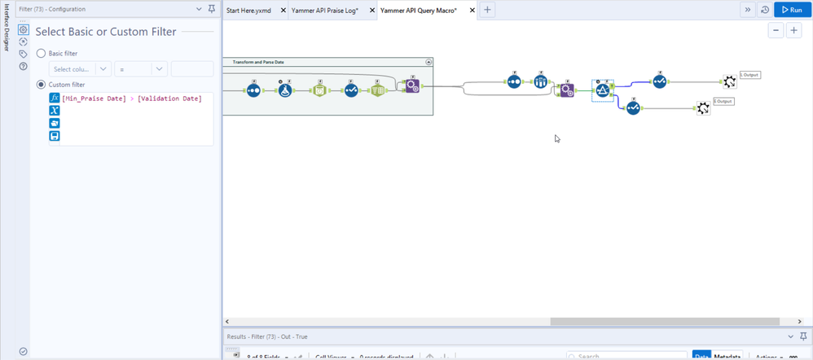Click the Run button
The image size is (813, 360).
pos(790,10)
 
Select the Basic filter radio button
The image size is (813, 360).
pos(42,53)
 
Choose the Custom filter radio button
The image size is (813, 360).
pos(42,85)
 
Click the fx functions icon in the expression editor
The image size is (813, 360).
pos(55,98)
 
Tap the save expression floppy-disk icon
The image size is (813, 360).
pos(55,136)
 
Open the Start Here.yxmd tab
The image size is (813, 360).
pos(248,10)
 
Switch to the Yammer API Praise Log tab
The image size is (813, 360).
pos(325,10)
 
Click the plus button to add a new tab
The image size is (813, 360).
pos(487,10)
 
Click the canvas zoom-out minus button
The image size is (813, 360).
pos(776,30)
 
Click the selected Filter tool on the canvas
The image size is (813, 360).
pos(603,90)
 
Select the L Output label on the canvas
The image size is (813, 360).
pos(749,75)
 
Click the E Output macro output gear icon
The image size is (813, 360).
pos(703,108)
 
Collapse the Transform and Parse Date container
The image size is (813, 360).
pos(428,62)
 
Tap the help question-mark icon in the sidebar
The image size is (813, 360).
pos(24,66)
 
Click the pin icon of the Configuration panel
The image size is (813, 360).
pos(212,9)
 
